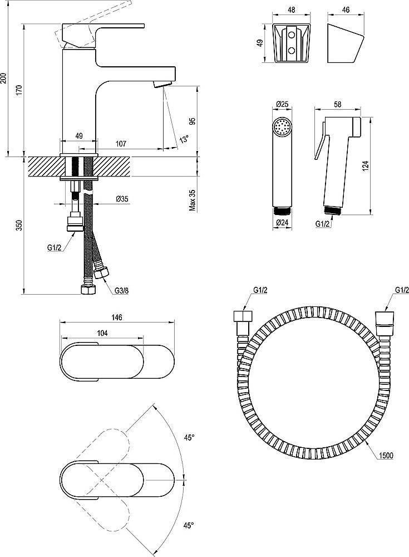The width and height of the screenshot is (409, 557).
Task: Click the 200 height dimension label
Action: (x=5, y=79)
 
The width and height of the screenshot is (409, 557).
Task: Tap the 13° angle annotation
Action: (x=184, y=139)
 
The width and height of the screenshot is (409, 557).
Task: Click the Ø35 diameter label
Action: (x=122, y=199)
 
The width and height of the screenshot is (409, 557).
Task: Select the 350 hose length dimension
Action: (x=18, y=225)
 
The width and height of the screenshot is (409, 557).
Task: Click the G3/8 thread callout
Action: (x=122, y=290)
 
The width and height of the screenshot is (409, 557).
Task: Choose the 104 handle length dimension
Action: (x=102, y=333)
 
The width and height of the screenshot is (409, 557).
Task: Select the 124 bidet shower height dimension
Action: (x=366, y=165)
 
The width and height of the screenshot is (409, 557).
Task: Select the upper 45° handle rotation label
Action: (x=189, y=438)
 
